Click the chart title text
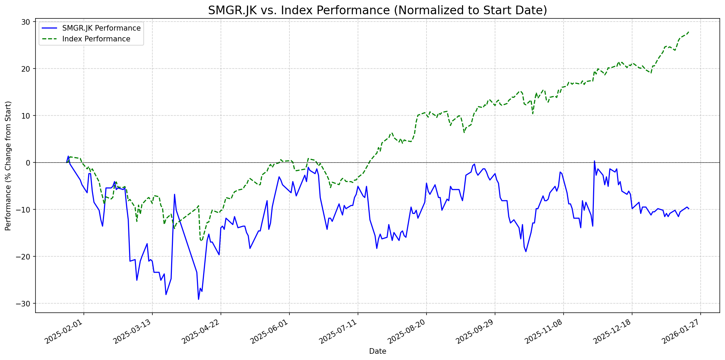pos(377,10)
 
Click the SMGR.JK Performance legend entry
pos(101,28)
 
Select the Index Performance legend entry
pos(96,39)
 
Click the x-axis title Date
pos(377,351)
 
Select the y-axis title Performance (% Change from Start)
pos(8,166)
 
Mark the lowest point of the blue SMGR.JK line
pos(198,299)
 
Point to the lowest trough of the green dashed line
pos(201,241)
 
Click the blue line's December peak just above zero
pos(594,161)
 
